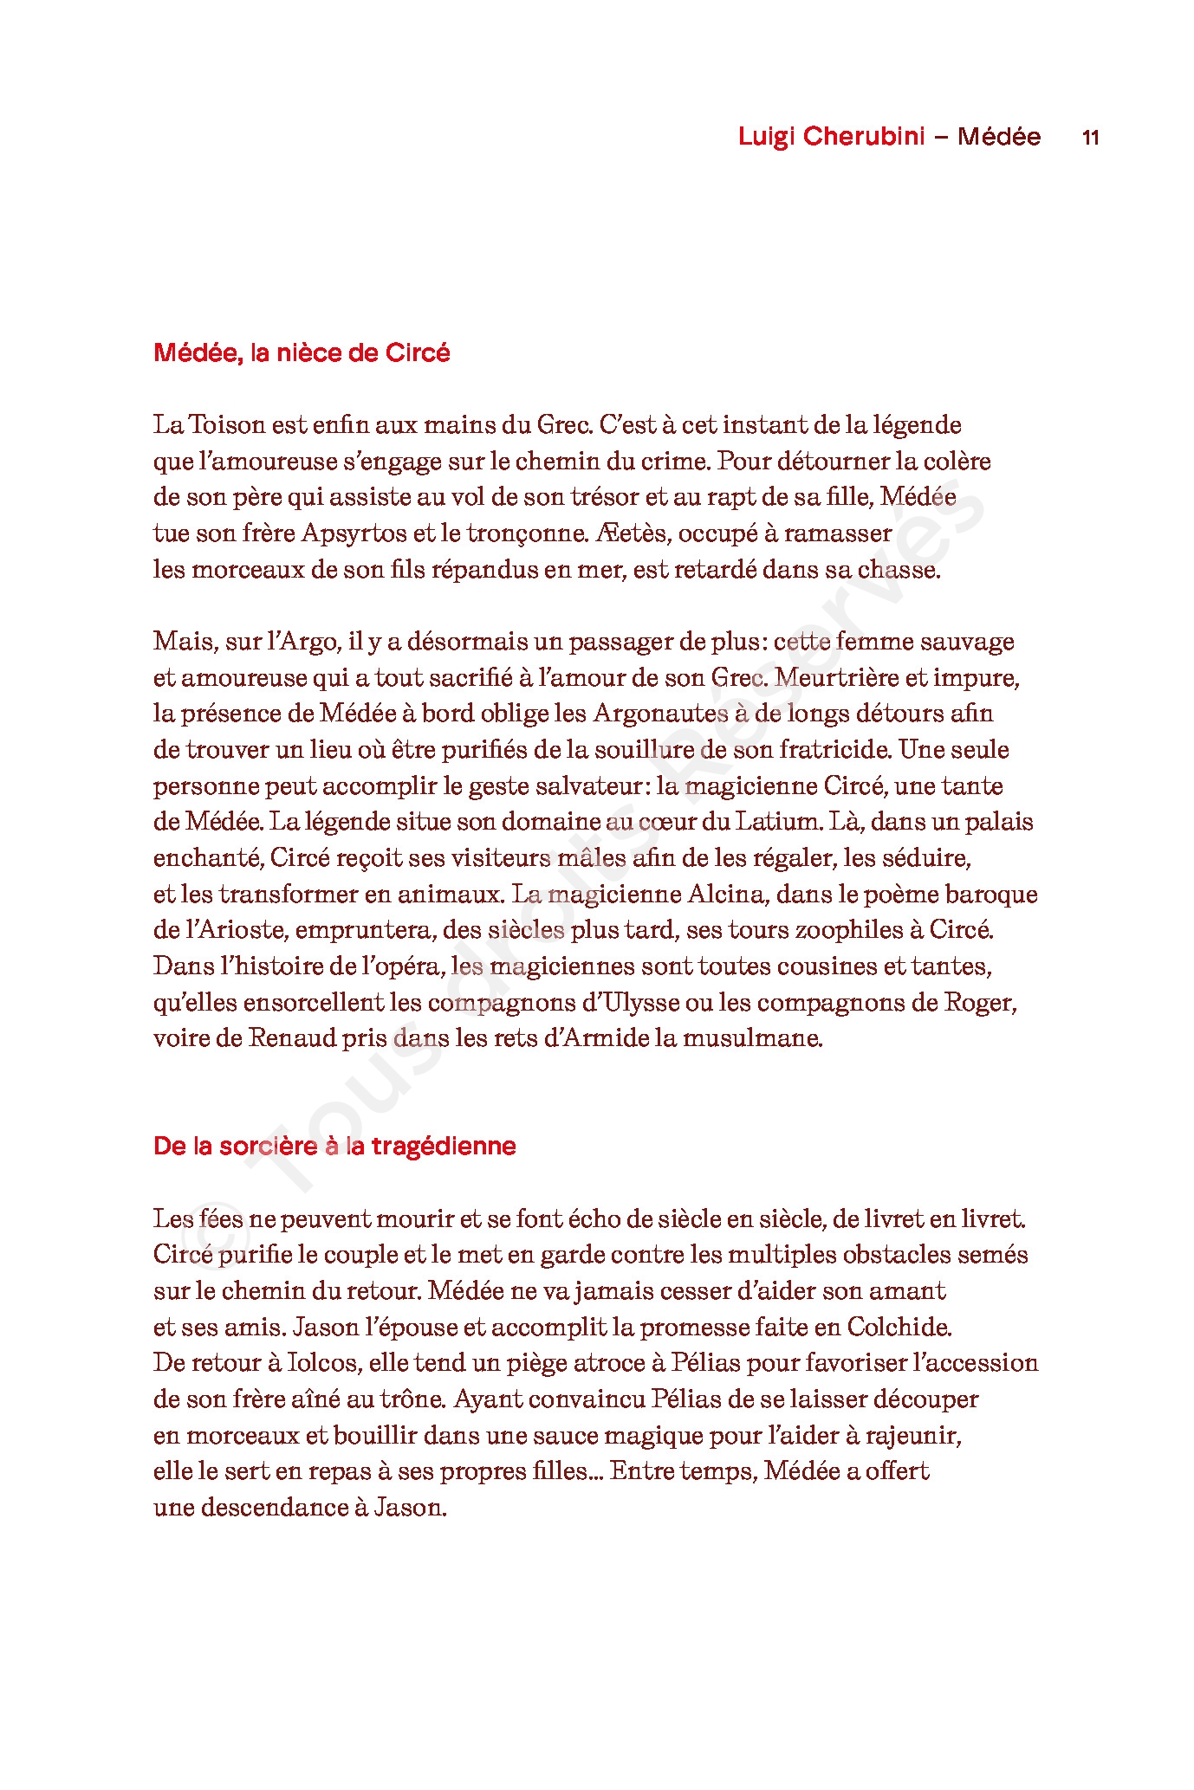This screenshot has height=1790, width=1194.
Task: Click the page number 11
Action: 1090,138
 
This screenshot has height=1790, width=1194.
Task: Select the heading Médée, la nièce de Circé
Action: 302,353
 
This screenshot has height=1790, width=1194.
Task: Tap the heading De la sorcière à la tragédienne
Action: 334,1147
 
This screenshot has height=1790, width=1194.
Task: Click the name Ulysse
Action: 636,1003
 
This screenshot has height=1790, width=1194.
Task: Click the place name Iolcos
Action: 325,1363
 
